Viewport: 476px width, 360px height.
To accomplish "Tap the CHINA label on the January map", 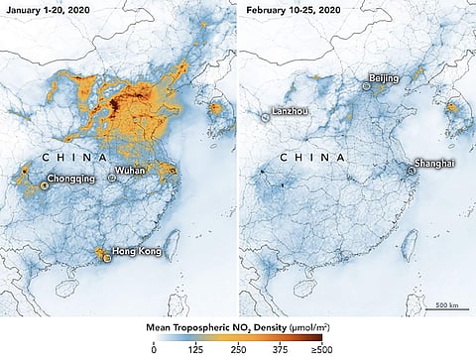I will coord(74,157).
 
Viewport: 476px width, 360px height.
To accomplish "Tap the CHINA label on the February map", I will coord(312,157).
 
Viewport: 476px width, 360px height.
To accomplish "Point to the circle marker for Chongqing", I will coord(45,184).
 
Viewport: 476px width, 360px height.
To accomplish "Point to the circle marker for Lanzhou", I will coord(265,117).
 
